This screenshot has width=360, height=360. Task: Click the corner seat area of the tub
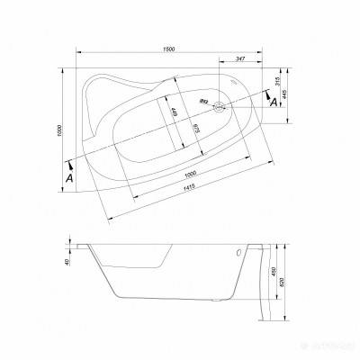[112, 90]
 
